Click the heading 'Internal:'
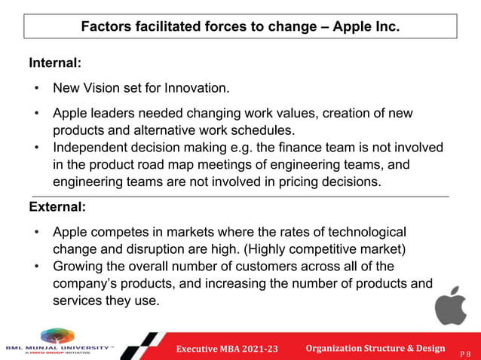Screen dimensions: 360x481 (x=55, y=63)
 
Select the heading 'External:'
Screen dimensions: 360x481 (x=57, y=206)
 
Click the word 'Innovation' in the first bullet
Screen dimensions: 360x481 (x=195, y=89)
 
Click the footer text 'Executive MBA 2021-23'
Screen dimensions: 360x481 (x=227, y=348)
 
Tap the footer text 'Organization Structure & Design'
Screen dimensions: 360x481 (x=375, y=347)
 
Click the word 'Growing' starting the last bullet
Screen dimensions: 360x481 (x=78, y=266)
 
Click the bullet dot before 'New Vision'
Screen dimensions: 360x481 (x=35, y=89)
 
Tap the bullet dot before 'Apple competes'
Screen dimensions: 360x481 (x=35, y=231)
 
